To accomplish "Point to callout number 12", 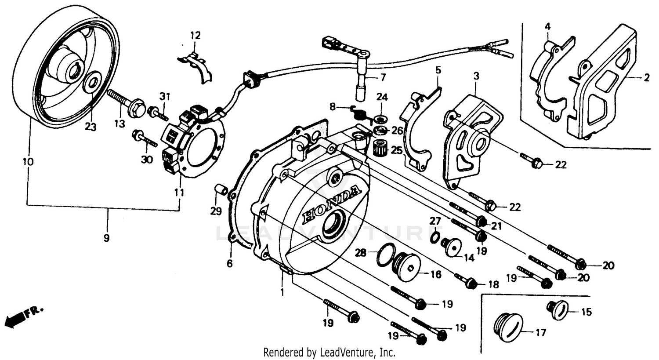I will click(195, 35).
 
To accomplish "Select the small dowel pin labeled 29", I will click(221, 190).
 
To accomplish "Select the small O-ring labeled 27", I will click(434, 237).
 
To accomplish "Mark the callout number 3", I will click(476, 76).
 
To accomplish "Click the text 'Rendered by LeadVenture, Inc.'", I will click(329, 352).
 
